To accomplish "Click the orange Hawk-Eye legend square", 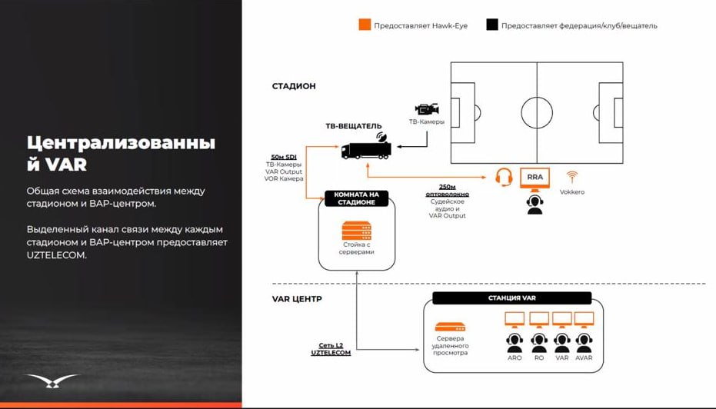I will [365, 25].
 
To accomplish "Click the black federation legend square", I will [492, 25].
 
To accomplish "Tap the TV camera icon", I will [427, 109].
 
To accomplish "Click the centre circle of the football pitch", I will [537, 113].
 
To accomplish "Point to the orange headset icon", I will [504, 178].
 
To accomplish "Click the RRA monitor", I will [535, 178].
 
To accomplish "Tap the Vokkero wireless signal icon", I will [571, 177].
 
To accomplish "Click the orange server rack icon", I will [356, 230].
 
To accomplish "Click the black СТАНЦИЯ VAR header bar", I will [512, 298].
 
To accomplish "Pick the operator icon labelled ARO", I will [515, 341].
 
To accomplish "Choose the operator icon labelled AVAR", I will [584, 341].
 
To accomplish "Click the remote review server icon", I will [450, 327].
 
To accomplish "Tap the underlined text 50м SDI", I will [284, 157].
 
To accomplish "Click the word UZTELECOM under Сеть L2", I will [331, 353].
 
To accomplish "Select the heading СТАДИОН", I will [294, 86].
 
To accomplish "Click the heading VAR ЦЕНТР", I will [297, 298].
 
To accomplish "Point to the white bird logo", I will [52, 381].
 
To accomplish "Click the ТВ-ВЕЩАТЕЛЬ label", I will [354, 125].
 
